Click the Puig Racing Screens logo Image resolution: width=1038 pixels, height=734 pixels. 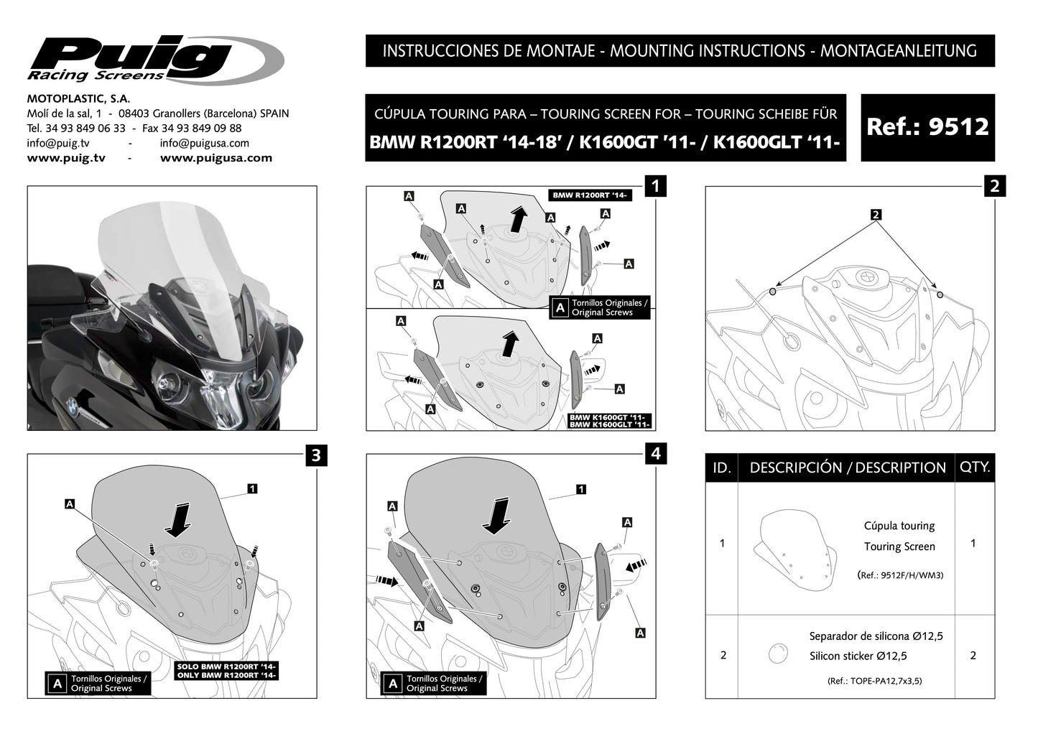154,59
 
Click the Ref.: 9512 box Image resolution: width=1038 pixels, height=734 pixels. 927,127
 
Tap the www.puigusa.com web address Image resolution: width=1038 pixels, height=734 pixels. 216,158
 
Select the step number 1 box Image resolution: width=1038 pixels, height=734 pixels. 655,187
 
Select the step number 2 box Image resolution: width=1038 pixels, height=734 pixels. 994,187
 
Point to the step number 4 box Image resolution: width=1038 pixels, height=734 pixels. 655,454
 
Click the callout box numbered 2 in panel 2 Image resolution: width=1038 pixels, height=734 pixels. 876,215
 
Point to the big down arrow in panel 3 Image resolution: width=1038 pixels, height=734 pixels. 178,520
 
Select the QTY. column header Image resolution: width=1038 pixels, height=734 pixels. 974,467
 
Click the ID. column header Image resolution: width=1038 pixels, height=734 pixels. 722,468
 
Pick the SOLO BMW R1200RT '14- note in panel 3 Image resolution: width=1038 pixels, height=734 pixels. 226,666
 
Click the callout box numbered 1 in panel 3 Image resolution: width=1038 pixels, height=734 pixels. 252,488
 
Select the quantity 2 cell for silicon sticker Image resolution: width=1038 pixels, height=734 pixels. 973,655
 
